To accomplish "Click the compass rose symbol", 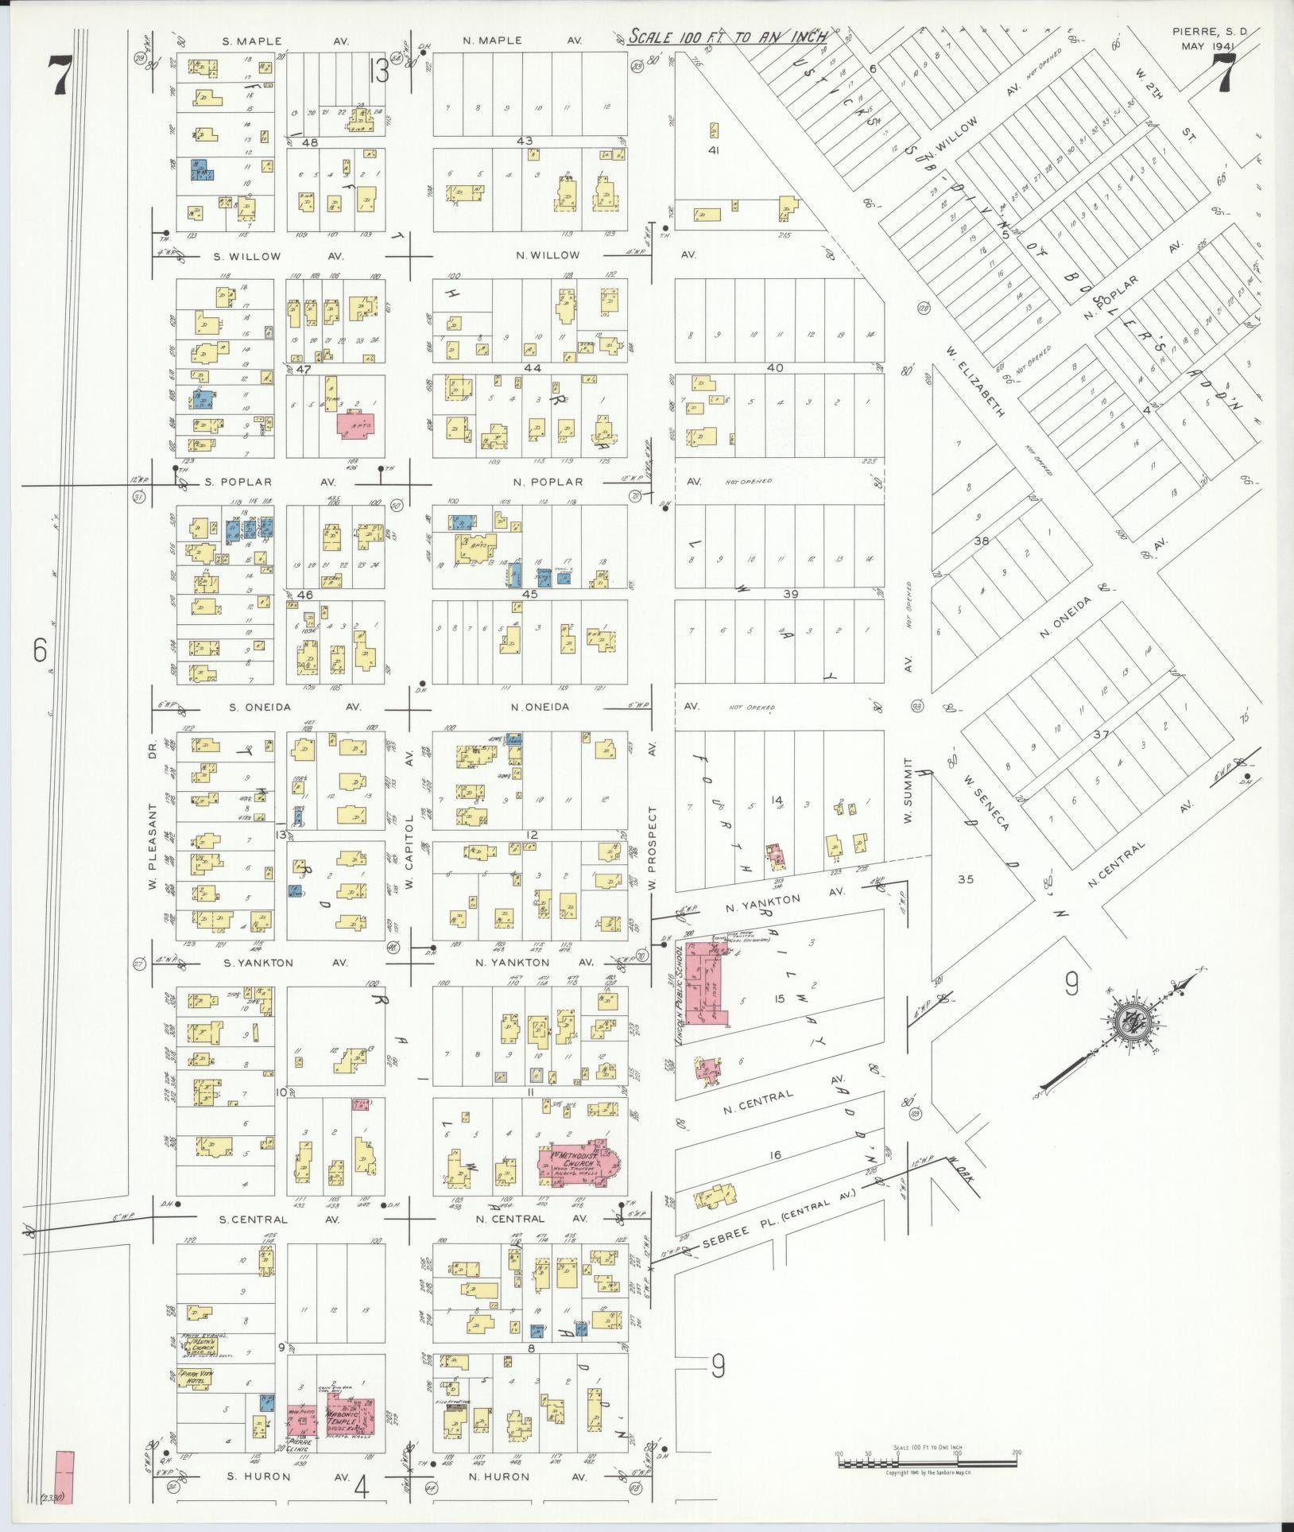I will point(1129,1025).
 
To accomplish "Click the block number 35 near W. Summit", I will point(965,879).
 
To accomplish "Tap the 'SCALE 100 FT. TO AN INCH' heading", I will point(726,37).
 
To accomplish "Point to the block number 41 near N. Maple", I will point(713,150).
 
